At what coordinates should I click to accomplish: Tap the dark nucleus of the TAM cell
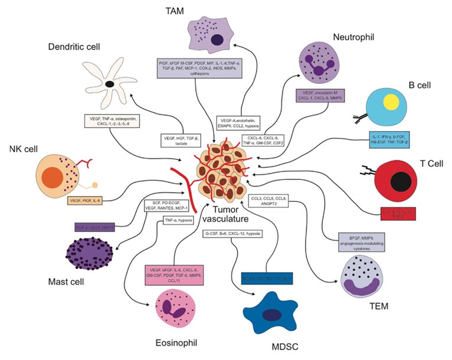(x=217, y=41)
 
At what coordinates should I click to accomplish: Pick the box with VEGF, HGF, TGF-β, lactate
(x=182, y=139)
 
